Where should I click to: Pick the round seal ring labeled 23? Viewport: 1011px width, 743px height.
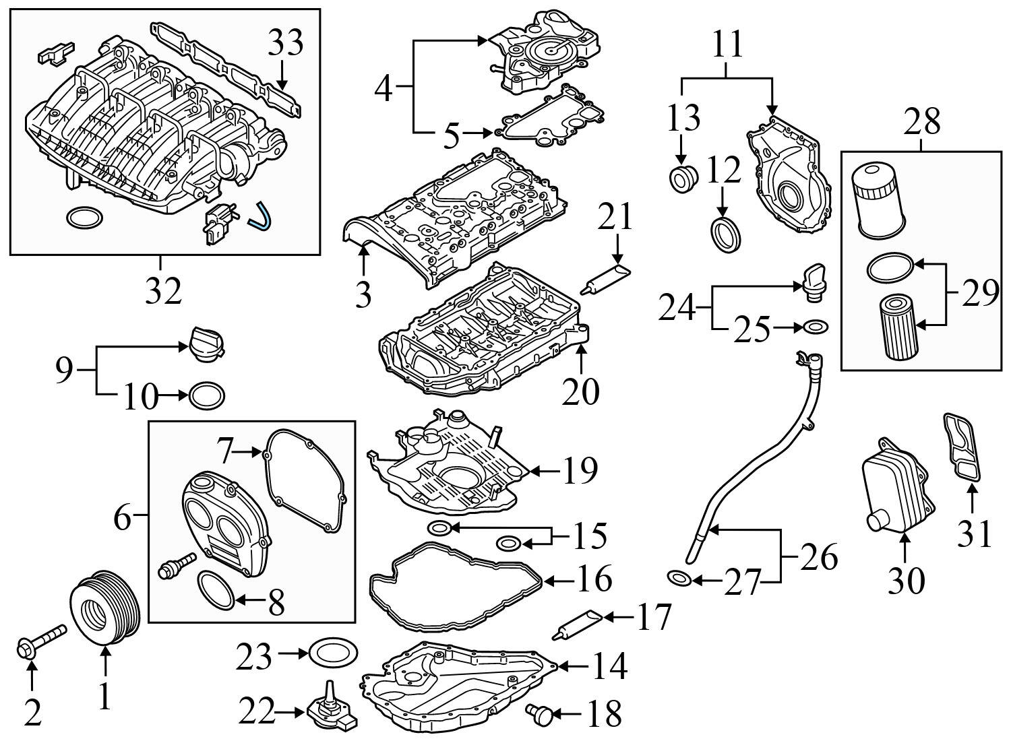[x=333, y=652]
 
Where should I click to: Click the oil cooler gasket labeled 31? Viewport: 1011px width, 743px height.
[x=962, y=449]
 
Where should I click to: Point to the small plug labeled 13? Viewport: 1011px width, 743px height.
[x=681, y=179]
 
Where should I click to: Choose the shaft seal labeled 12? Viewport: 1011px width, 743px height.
[x=727, y=235]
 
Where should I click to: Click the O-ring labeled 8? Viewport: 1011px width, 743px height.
[x=216, y=589]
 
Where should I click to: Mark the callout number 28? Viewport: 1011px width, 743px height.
[x=921, y=122]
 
